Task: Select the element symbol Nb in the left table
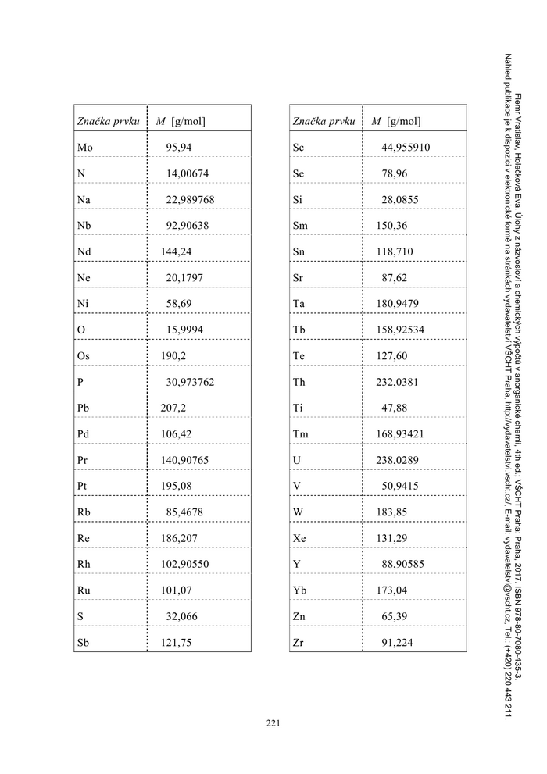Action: pos(85,226)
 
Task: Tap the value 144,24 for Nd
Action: pos(175,251)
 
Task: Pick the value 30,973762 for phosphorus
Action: pos(190,382)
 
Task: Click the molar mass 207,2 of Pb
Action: pos(173,408)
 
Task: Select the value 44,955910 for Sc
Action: pos(406,148)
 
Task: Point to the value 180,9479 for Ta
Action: pos(397,304)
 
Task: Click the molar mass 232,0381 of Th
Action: pos(397,382)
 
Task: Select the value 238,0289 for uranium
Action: pos(397,460)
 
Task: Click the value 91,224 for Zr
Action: pos(397,644)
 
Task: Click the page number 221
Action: pos(273,723)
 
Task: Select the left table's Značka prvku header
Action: pos(108,122)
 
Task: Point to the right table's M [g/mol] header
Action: pos(396,122)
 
